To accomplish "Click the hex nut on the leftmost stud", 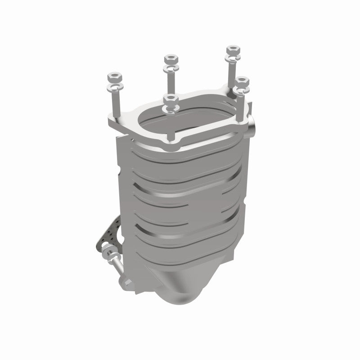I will coord(114,75).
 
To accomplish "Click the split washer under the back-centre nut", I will coord(171,68).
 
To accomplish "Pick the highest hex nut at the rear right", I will coord(232,49).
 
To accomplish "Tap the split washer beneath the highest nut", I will coord(232,58).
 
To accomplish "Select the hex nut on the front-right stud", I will coord(242,81).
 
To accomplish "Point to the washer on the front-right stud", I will coord(243,90).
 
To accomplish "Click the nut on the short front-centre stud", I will coord(170,99).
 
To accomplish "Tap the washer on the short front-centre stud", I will coord(170,108).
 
